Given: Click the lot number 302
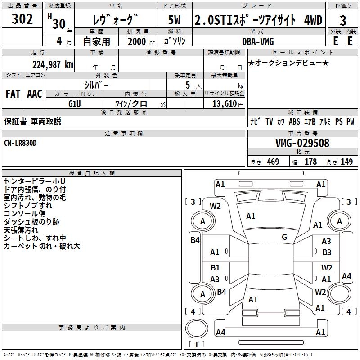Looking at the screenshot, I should [x=22, y=19].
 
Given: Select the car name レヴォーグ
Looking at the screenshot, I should [x=115, y=20].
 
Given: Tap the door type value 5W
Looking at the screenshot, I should [x=175, y=20].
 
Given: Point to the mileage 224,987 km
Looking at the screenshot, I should [x=52, y=64].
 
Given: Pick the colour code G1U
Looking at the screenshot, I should [x=75, y=103].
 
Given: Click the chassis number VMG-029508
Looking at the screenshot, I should [x=302, y=143].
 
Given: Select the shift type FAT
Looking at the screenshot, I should [x=13, y=94].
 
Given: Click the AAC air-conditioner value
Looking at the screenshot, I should [x=35, y=94].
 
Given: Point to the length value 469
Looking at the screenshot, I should [x=273, y=162].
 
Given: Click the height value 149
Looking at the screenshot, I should [x=346, y=162].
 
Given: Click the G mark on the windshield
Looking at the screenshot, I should [x=284, y=237].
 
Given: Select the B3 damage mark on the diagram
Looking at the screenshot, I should [x=326, y=252].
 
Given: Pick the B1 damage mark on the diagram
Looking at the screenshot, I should [x=215, y=268].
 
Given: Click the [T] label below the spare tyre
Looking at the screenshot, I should [x=197, y=344].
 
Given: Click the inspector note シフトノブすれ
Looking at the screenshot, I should [x=27, y=205].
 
